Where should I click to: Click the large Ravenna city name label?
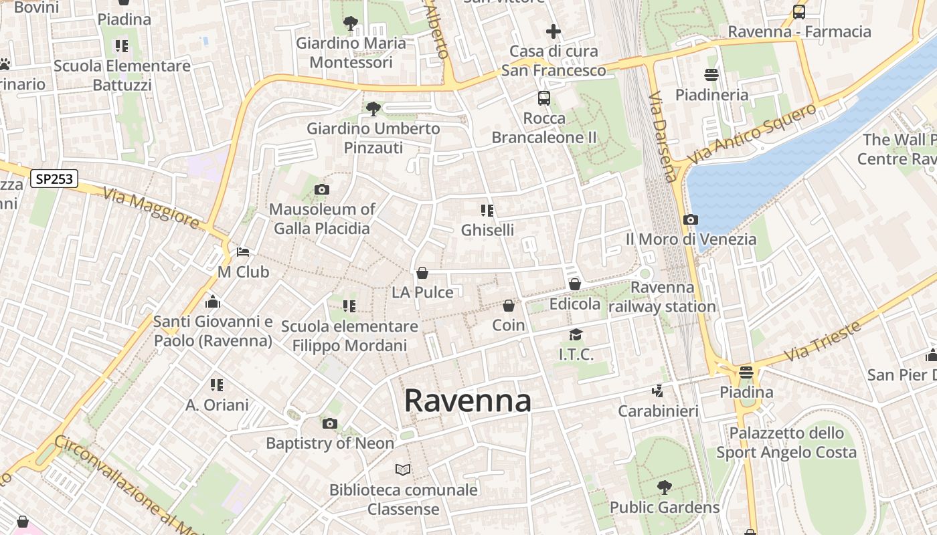(x=468, y=401)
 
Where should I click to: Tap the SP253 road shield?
(x=54, y=179)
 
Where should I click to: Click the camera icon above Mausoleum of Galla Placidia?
(x=322, y=190)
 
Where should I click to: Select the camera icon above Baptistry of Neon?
(x=329, y=423)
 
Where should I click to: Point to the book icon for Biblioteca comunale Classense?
(x=403, y=470)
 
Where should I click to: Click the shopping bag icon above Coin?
(x=509, y=306)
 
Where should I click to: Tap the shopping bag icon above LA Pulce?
(x=422, y=273)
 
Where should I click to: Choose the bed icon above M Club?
(x=243, y=252)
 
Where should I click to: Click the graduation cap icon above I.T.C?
(x=576, y=334)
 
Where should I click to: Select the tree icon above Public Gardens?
(x=664, y=488)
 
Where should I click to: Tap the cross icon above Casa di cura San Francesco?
(x=553, y=31)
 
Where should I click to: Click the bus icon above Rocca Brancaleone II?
(x=544, y=98)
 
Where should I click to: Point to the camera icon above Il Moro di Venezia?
(x=691, y=219)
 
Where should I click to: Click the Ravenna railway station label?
(x=663, y=297)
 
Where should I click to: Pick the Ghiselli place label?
(x=487, y=230)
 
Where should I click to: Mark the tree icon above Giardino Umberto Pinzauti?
(x=373, y=108)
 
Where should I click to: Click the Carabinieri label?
(x=658, y=411)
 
